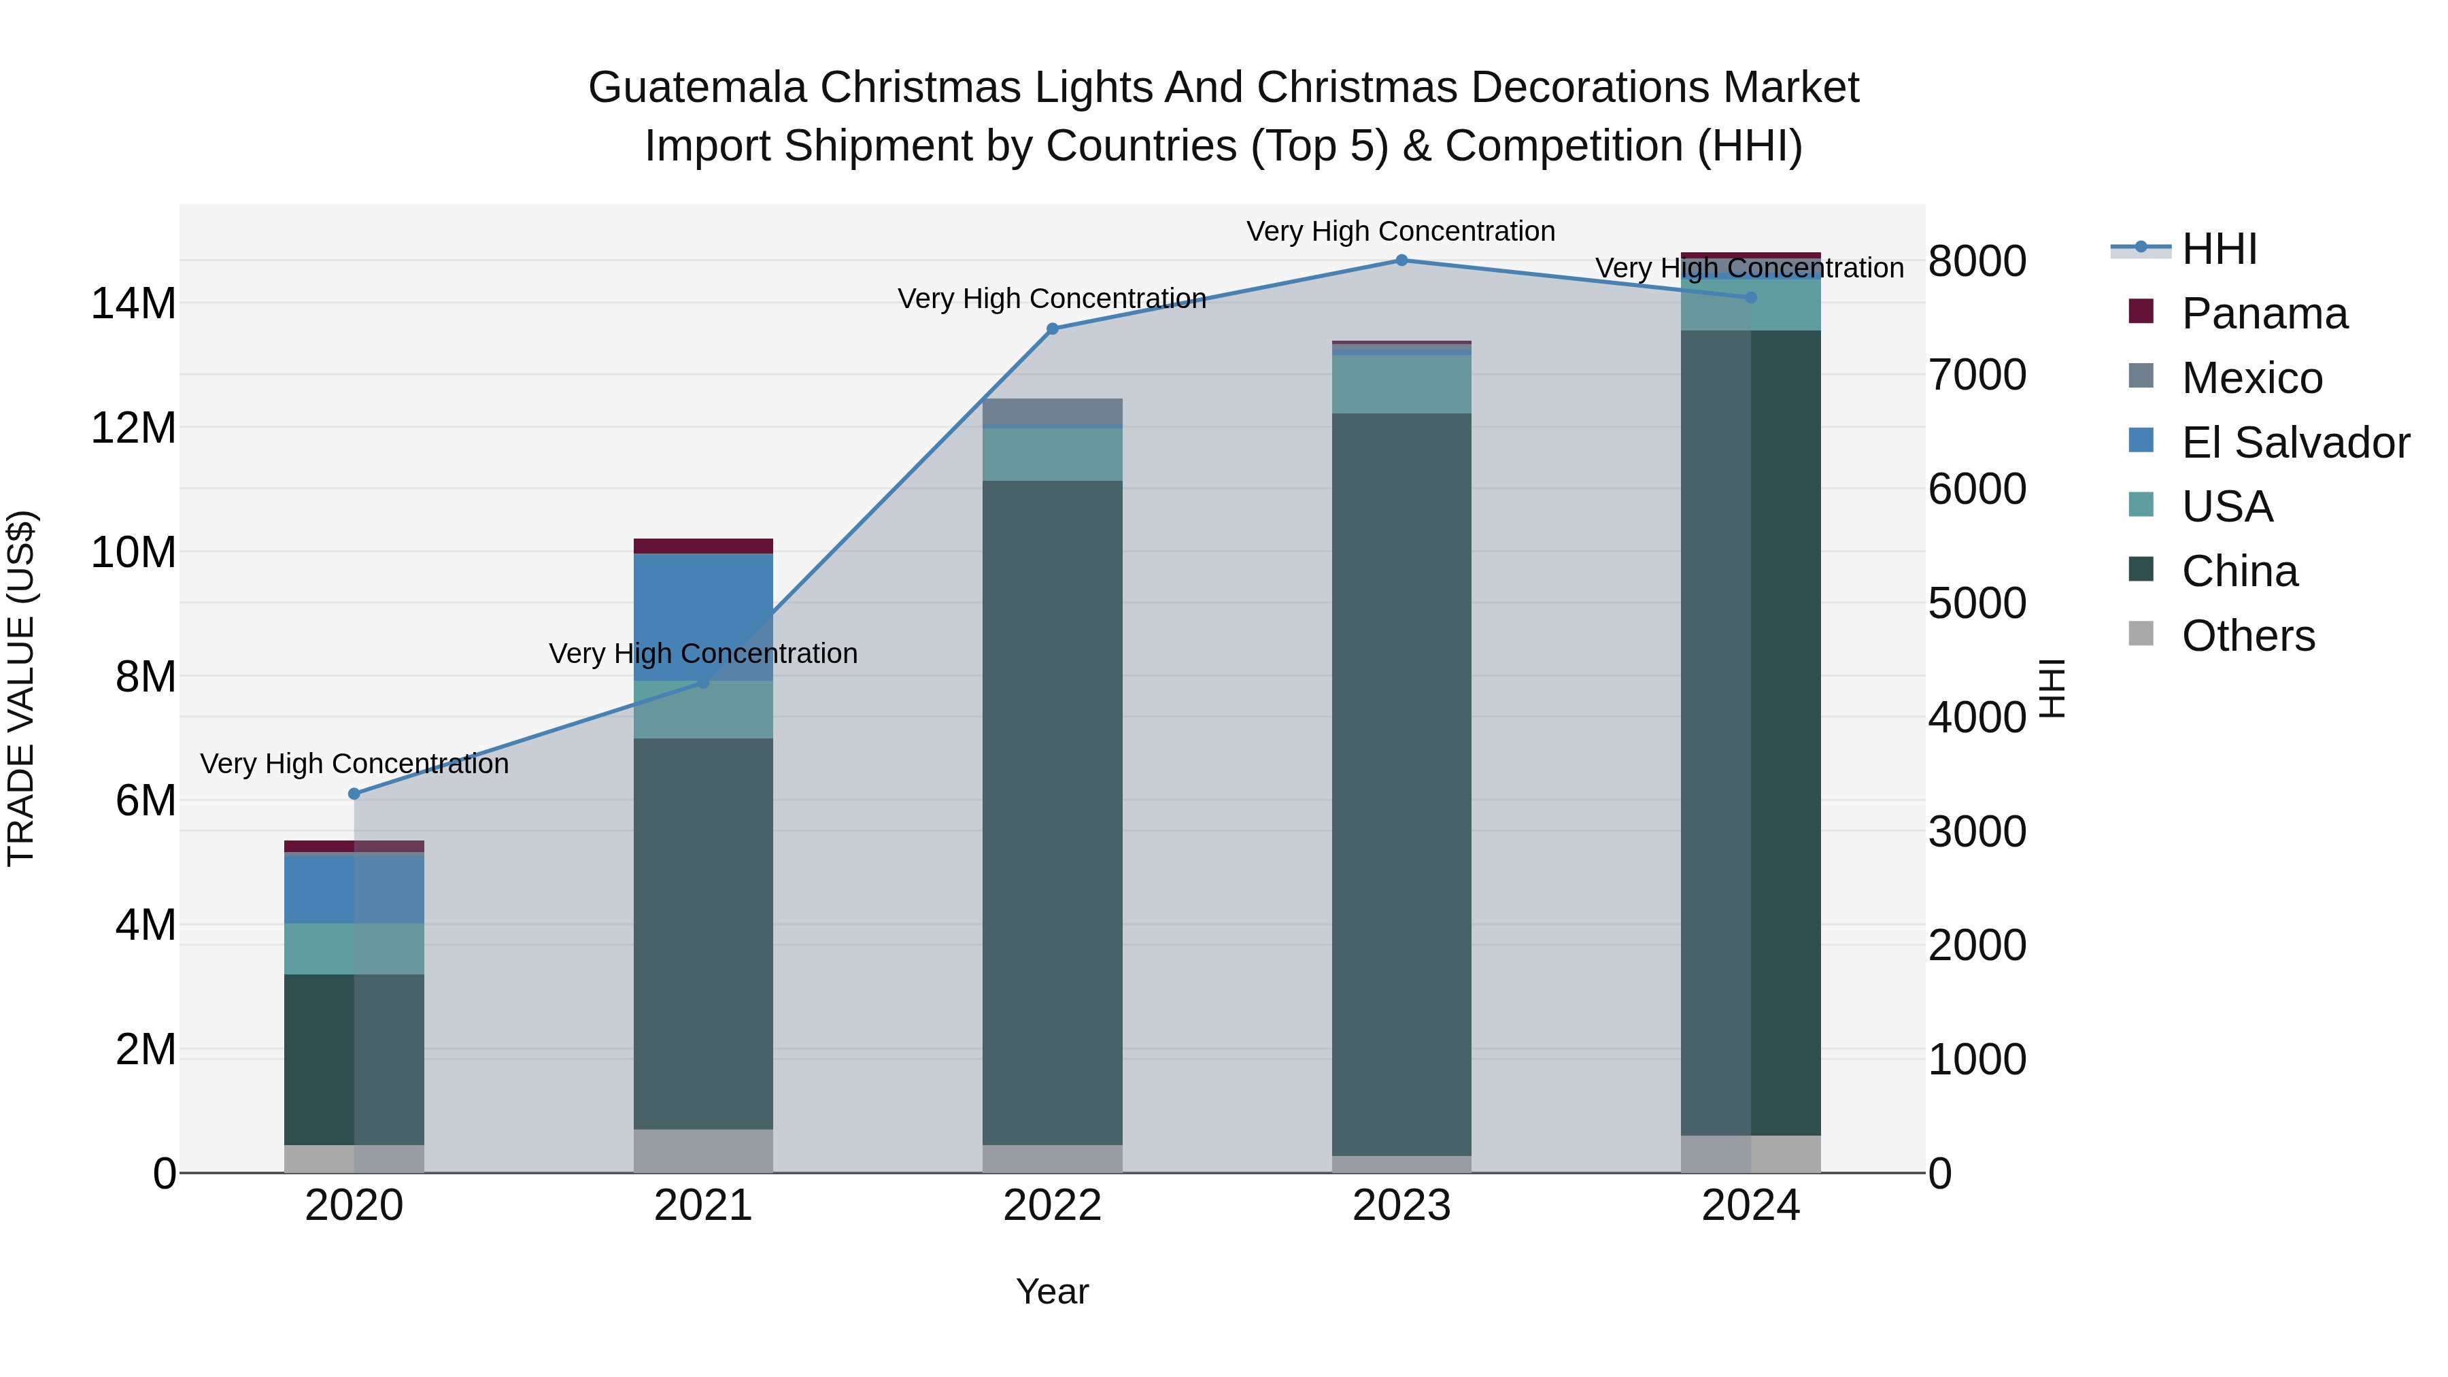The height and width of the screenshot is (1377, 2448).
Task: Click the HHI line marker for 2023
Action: click(1401, 260)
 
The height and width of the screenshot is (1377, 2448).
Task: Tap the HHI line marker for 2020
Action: click(354, 794)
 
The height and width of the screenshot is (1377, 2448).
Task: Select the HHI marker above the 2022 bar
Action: click(1052, 329)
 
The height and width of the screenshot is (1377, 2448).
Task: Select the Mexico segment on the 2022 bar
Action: click(1052, 411)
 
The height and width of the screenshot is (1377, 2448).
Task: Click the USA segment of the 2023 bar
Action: click(1401, 384)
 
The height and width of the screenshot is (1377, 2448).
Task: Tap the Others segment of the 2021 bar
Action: click(703, 1150)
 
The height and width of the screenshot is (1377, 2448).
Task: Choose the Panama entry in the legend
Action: click(2264, 313)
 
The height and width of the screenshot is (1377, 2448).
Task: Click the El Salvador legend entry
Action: click(2294, 443)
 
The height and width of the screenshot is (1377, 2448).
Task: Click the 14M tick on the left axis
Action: click(133, 304)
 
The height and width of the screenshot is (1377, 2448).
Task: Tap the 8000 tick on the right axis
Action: click(1977, 261)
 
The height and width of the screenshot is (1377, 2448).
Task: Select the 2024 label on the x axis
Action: click(1750, 1206)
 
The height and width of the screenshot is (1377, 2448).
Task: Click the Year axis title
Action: click(1052, 1291)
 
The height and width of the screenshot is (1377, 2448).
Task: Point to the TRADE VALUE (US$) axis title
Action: click(21, 688)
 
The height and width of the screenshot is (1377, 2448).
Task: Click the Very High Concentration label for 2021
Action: click(703, 653)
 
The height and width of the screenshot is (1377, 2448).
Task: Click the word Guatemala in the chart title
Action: click(698, 88)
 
